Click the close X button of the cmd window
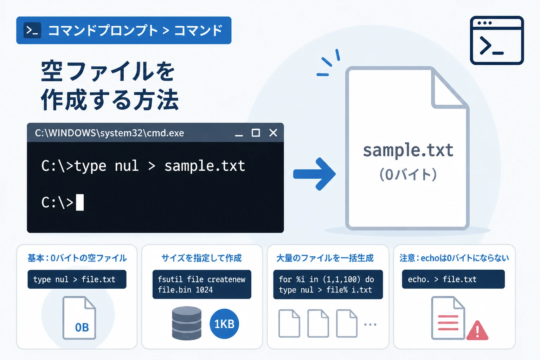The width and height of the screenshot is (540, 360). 273,133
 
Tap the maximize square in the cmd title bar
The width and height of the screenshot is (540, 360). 256,133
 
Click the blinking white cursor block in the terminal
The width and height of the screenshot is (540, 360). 80,202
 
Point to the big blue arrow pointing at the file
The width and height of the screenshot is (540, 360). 314,174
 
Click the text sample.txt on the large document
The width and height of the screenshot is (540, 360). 408,150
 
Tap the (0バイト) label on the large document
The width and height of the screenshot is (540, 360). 408,174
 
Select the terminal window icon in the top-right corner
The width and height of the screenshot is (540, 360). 497,40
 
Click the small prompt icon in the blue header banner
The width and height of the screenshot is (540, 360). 32,30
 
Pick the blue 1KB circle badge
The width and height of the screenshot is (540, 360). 224,324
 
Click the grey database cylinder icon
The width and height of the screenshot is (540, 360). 187,323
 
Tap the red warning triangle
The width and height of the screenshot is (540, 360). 477,330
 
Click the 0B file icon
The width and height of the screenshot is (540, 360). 79,318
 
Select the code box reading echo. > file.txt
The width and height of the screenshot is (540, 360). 453,279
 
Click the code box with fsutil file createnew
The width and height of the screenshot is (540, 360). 202,284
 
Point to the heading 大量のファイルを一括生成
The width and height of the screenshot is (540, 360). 325,258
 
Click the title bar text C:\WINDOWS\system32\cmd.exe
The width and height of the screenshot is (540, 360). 109,133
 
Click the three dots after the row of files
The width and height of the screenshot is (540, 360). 370,324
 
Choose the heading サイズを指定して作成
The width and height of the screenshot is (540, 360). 201,258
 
